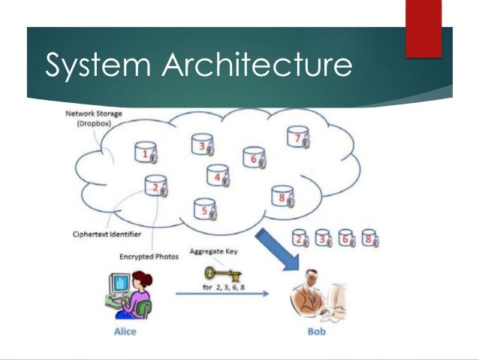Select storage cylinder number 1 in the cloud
coord(146,154)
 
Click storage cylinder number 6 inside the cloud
coord(255,158)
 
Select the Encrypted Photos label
coord(149,257)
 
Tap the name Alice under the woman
coord(123,331)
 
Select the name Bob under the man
coord(315,331)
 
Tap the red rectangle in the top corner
coord(423,28)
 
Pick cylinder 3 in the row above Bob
coord(324,239)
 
